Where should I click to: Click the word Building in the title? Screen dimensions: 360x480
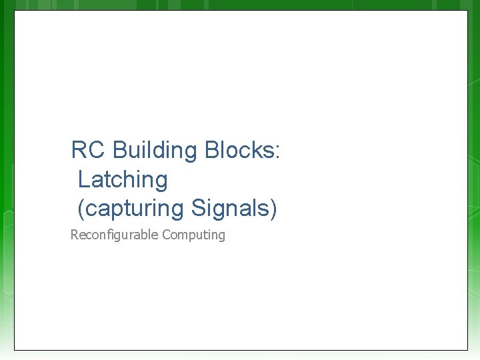click(155, 151)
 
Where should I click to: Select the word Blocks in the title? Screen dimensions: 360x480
click(239, 151)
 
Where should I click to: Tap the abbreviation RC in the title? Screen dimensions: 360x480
click(88, 151)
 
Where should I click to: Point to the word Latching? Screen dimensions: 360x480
click(123, 180)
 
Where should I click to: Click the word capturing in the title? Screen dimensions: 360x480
click(134, 209)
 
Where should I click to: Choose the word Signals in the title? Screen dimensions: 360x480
click(230, 209)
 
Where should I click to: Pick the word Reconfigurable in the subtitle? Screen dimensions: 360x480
click(114, 235)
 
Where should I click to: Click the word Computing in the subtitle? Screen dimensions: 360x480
click(193, 235)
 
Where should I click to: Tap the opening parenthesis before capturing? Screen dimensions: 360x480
click(81, 209)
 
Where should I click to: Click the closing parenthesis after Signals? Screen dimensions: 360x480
click(273, 209)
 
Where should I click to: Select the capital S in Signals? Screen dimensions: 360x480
click(198, 209)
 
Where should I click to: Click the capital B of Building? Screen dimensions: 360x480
click(120, 151)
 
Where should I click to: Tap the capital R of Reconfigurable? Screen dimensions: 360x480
click(74, 235)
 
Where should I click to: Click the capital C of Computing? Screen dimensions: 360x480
click(165, 235)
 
